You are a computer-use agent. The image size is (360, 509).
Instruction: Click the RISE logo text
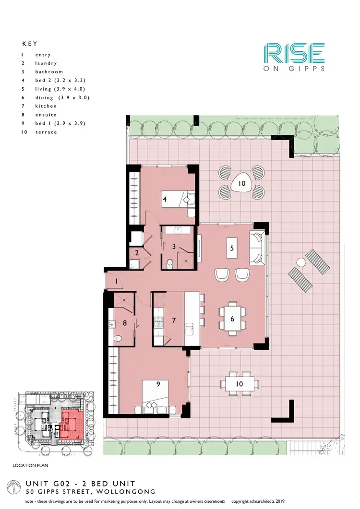(294, 53)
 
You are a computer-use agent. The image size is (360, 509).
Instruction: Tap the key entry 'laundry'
(46, 63)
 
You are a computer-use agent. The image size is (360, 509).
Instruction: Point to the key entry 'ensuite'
(46, 115)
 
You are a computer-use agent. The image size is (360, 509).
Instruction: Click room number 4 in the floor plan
(164, 199)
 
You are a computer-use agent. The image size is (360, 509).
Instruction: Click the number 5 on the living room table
(232, 248)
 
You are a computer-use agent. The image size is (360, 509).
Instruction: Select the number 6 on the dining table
(232, 319)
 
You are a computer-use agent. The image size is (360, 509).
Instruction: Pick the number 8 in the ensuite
(125, 323)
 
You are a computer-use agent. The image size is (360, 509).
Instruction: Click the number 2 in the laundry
(136, 253)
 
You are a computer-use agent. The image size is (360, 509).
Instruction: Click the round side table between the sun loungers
(301, 262)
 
